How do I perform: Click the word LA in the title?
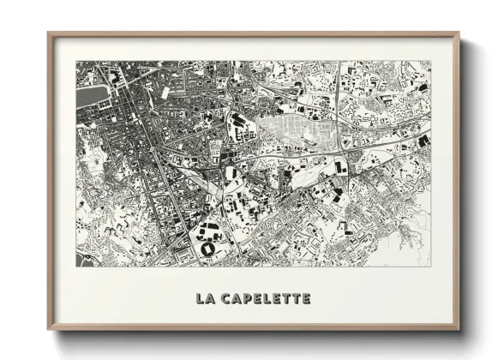tap(206, 298)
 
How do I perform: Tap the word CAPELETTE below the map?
tap(267, 298)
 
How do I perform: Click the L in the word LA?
tap(200, 298)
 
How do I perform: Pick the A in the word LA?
tap(211, 298)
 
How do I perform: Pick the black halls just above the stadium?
tap(207, 229)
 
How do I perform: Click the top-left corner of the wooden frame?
tap(50, 34)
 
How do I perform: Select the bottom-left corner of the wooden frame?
tap(50, 328)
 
